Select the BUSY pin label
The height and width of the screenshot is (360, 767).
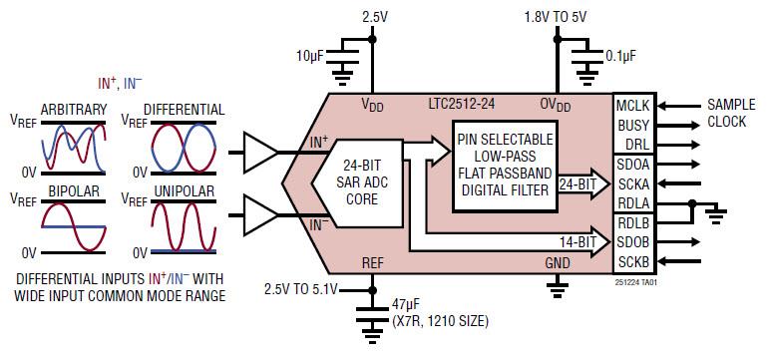pyautogui.click(x=634, y=125)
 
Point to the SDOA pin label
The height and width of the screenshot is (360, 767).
pyautogui.click(x=634, y=165)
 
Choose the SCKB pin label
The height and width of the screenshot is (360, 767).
pyautogui.click(x=634, y=261)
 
